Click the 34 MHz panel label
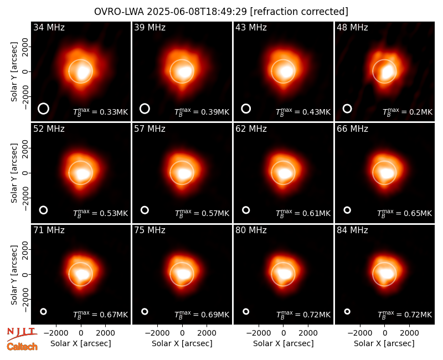(49, 27)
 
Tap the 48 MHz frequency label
(352, 27)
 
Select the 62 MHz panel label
(251, 129)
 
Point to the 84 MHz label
(352, 230)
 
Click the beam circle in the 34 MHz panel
(43, 104)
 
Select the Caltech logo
(22, 347)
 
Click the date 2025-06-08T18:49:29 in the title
(197, 12)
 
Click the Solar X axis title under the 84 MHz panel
(384, 343)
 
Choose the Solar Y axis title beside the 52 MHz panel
(14, 173)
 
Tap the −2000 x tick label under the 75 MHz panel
(157, 333)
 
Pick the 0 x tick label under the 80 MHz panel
(284, 333)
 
